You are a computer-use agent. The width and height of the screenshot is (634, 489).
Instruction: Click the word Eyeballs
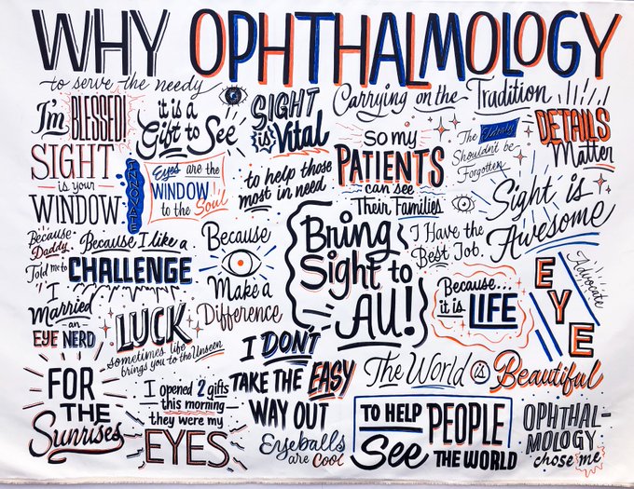coord(288,441)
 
